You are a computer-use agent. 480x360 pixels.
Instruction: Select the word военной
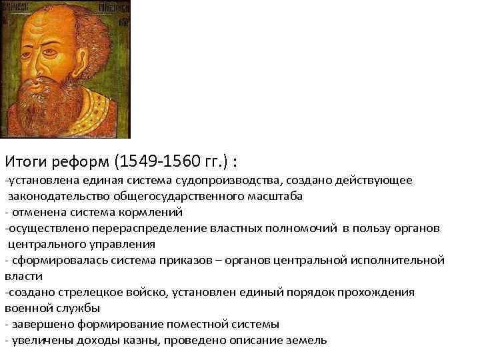(x=26, y=308)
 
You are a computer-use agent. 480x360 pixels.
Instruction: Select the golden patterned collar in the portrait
(x=100, y=110)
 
